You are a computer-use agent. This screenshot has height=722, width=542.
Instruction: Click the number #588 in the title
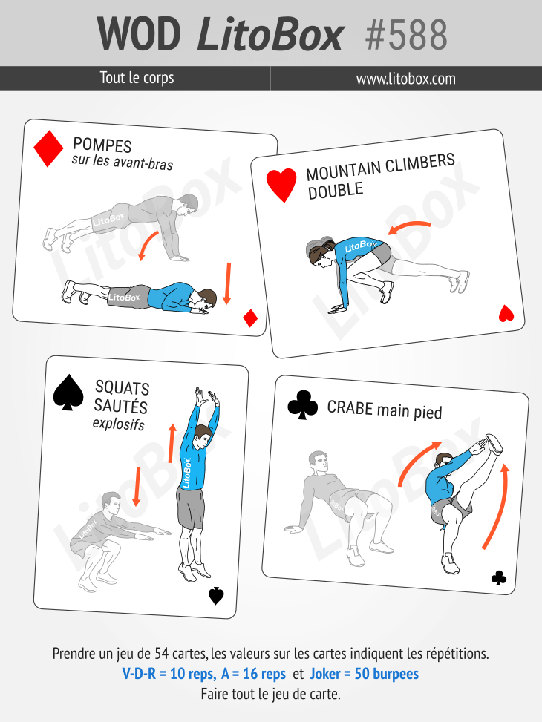coord(405,34)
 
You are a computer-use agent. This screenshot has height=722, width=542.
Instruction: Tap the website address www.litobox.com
coord(405,79)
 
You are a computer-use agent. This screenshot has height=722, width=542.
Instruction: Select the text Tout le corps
coord(137,77)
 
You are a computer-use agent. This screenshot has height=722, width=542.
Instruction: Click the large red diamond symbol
coord(48,148)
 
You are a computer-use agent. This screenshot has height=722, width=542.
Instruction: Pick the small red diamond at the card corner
coord(250,318)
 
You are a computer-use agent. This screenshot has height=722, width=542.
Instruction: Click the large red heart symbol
coord(281,185)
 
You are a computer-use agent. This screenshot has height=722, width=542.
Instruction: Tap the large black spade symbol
coord(68,392)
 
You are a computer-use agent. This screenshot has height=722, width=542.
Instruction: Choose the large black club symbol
coord(303,404)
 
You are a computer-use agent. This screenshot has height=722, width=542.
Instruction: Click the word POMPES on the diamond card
coord(102,145)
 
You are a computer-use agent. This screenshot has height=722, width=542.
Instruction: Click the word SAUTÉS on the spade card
coord(121,406)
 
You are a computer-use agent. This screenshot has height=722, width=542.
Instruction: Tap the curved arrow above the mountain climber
coord(408,226)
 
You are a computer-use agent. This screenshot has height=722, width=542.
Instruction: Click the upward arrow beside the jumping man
coord(172,443)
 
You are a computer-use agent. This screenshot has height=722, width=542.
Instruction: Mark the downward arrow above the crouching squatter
coord(137,486)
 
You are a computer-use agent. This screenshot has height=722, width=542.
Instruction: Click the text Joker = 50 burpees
coord(364,674)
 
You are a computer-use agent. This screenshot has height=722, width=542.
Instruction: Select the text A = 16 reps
coord(253,674)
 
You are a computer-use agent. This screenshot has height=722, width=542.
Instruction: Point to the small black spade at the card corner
coord(216,596)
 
